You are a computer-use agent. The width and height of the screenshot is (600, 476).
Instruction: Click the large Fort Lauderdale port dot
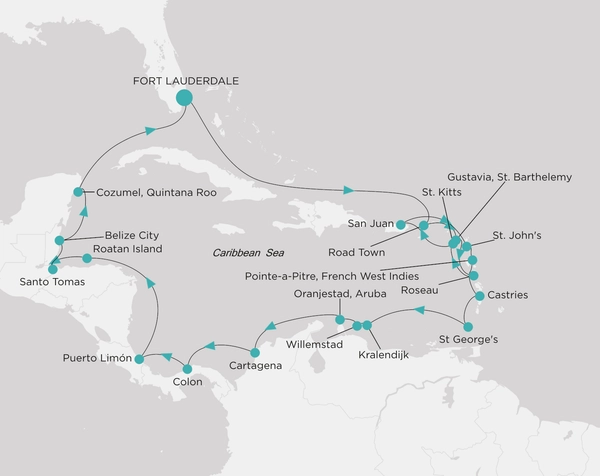[184, 97]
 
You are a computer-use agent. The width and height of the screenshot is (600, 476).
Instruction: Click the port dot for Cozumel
[79, 192]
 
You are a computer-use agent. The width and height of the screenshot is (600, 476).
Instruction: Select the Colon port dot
[187, 369]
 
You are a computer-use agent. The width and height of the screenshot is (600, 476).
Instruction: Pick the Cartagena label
[256, 366]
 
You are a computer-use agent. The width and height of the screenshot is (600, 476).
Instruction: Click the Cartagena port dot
[255, 351]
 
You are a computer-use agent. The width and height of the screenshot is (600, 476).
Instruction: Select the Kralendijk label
[385, 354]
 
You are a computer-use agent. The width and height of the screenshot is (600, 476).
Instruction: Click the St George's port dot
[467, 323]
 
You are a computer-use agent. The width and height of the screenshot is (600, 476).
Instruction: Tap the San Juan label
[370, 222]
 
